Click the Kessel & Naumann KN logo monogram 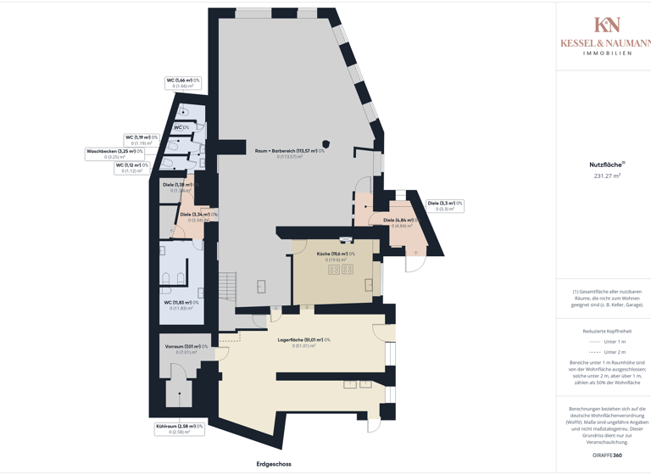[607, 25]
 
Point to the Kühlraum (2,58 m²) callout [179, 428]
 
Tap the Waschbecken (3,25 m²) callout [114, 154]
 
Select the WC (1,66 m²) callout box [183, 83]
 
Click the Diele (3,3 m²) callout [445, 205]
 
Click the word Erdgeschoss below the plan [274, 464]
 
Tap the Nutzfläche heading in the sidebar [606, 165]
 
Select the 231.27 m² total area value [607, 176]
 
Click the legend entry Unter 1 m [607, 341]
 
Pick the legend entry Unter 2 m [607, 351]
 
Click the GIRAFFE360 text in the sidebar [607, 455]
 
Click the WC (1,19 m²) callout [142, 140]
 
